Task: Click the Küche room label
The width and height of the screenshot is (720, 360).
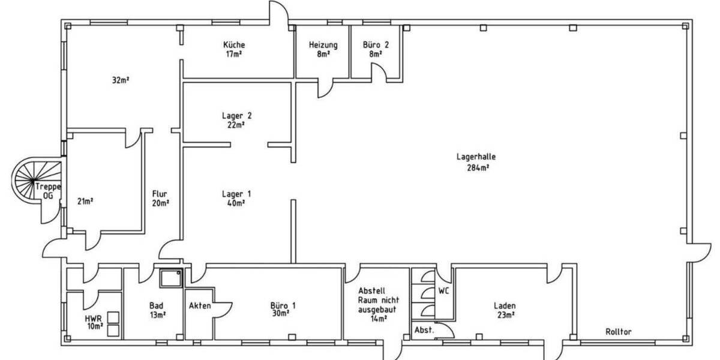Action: point(234,45)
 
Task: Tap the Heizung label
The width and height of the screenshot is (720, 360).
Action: point(323,45)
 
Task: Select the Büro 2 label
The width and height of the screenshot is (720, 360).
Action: point(376,45)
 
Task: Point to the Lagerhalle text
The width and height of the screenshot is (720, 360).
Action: point(476,157)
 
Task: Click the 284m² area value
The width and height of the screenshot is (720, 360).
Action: point(478,167)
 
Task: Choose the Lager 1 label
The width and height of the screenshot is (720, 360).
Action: point(236,194)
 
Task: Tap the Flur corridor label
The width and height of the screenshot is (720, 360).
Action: point(160,194)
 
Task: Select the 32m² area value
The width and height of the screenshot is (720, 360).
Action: point(121,80)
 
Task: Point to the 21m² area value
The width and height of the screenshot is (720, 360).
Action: point(85,201)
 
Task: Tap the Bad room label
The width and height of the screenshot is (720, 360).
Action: point(156,306)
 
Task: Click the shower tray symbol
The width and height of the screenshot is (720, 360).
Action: point(172,278)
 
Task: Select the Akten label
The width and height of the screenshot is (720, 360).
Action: point(200,306)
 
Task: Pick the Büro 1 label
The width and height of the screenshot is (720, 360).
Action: point(283,305)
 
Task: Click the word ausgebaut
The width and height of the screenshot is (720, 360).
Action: point(376,310)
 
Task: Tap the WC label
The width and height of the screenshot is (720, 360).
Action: point(444,290)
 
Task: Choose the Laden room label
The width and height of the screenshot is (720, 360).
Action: point(505,305)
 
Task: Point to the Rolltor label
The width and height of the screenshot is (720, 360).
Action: point(618,331)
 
